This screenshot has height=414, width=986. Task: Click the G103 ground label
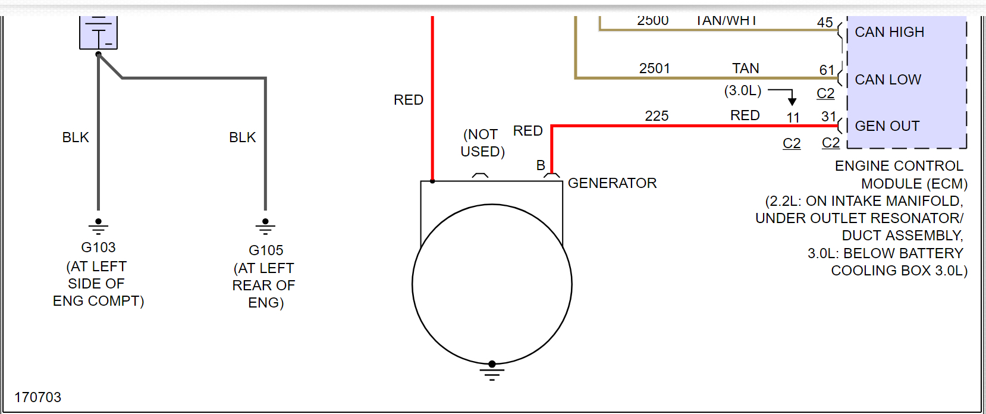98,247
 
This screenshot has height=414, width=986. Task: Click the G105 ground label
266,250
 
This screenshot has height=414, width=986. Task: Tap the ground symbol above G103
98,226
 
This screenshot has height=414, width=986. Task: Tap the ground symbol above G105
265,226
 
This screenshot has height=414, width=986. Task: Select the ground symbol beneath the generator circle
492,372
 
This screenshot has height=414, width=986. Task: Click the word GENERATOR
612,183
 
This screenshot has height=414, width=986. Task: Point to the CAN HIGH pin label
889,32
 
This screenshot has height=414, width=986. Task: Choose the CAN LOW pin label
888,80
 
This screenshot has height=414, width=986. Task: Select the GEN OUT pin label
887,126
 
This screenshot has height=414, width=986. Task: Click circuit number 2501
654,68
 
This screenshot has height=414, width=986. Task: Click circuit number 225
657,116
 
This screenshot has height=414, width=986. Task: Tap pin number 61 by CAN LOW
827,70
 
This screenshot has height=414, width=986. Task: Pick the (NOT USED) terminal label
482,143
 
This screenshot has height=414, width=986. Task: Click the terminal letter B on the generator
541,165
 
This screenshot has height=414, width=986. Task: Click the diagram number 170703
37,397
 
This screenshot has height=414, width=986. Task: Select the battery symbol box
98,33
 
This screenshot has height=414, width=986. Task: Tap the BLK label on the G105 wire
242,137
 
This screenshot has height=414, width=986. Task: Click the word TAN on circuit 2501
745,68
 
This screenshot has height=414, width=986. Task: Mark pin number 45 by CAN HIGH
824,23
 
